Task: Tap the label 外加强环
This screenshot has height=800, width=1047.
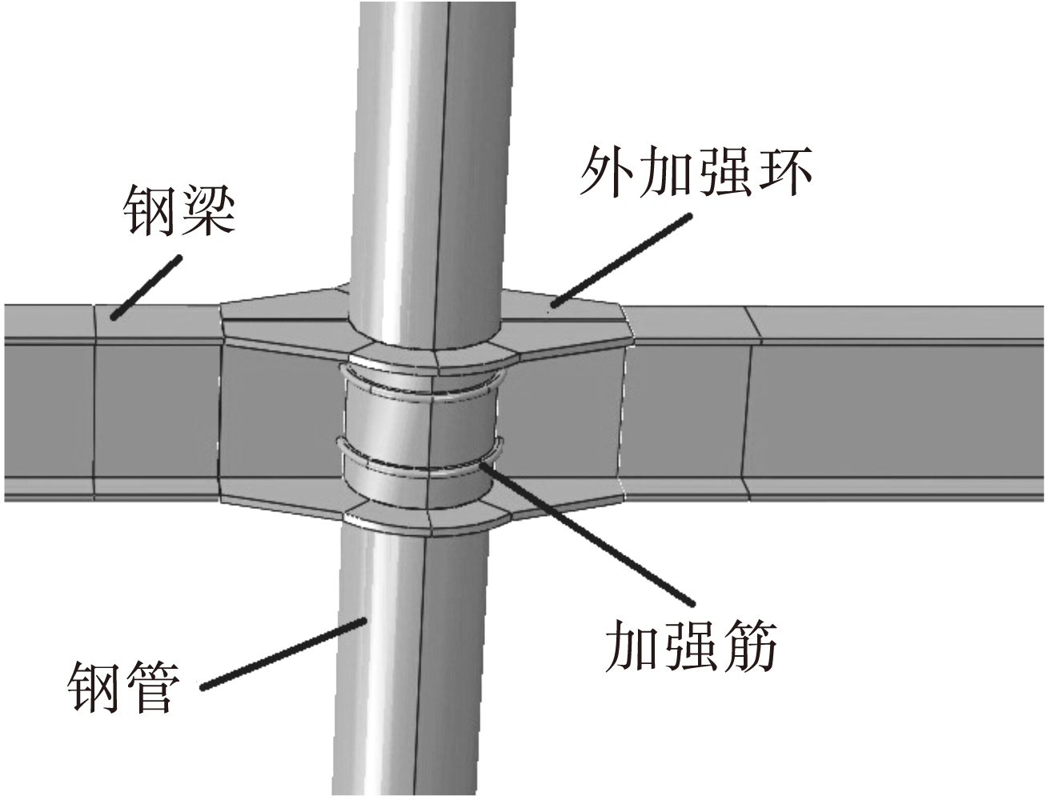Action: pyautogui.click(x=696, y=174)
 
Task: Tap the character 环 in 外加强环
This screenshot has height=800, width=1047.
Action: pyautogui.click(x=785, y=174)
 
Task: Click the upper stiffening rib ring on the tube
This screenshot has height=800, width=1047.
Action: pyautogui.click(x=424, y=393)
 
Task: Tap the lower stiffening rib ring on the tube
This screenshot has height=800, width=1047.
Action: pyautogui.click(x=424, y=468)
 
